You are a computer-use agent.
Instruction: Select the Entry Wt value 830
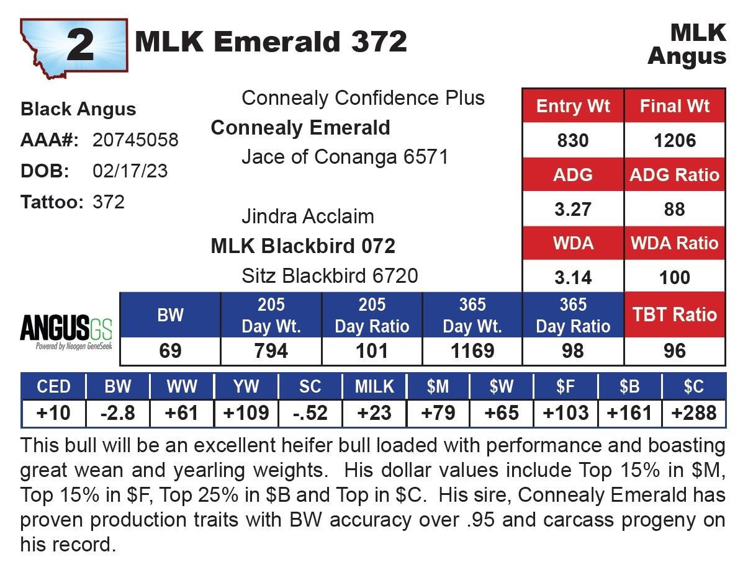(x=572, y=141)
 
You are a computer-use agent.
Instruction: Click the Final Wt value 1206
(x=675, y=141)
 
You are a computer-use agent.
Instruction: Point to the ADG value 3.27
(x=572, y=209)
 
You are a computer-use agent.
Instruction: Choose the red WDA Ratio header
(x=675, y=243)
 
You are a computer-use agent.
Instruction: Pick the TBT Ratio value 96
(x=675, y=351)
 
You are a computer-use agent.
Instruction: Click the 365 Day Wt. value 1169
(x=472, y=351)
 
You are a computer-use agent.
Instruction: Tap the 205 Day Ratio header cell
(x=372, y=316)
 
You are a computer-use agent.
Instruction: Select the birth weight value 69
(x=170, y=351)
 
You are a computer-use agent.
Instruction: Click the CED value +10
(x=53, y=413)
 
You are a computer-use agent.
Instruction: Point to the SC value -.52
(x=310, y=413)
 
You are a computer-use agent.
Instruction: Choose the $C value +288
(x=693, y=413)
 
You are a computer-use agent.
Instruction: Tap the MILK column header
(x=374, y=386)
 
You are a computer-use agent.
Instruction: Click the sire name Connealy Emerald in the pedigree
(x=300, y=128)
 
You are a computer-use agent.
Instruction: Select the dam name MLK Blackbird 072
(x=303, y=246)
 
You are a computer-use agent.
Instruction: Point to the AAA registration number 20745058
(x=135, y=140)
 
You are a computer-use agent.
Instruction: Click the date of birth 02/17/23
(x=130, y=171)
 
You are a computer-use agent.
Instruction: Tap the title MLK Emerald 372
(x=271, y=42)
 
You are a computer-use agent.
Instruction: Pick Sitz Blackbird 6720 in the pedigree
(x=330, y=276)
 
